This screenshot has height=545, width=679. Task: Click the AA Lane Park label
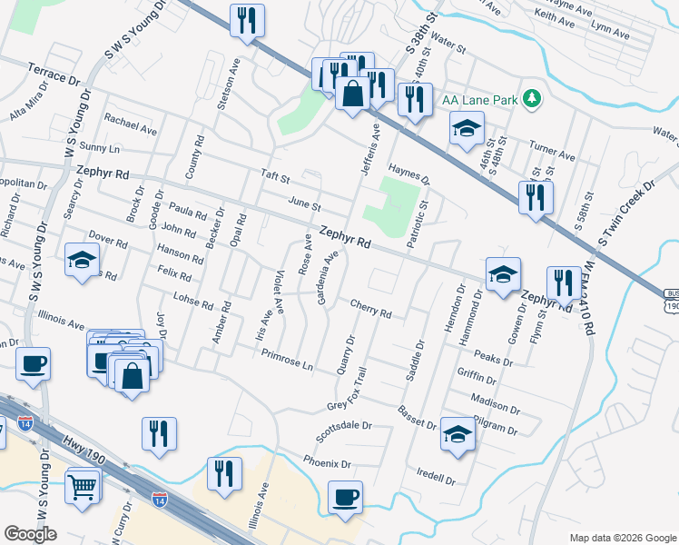478,99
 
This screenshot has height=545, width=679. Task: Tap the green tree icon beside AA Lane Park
534,98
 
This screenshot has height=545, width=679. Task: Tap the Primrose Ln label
285,362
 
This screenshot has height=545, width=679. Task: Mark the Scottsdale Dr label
344,427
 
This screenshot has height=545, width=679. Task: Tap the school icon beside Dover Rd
82,260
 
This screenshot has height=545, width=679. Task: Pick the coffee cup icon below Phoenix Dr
345,498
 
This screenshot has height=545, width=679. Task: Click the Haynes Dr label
408,174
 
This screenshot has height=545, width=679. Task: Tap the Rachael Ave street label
131,123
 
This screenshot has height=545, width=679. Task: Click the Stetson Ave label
226,86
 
